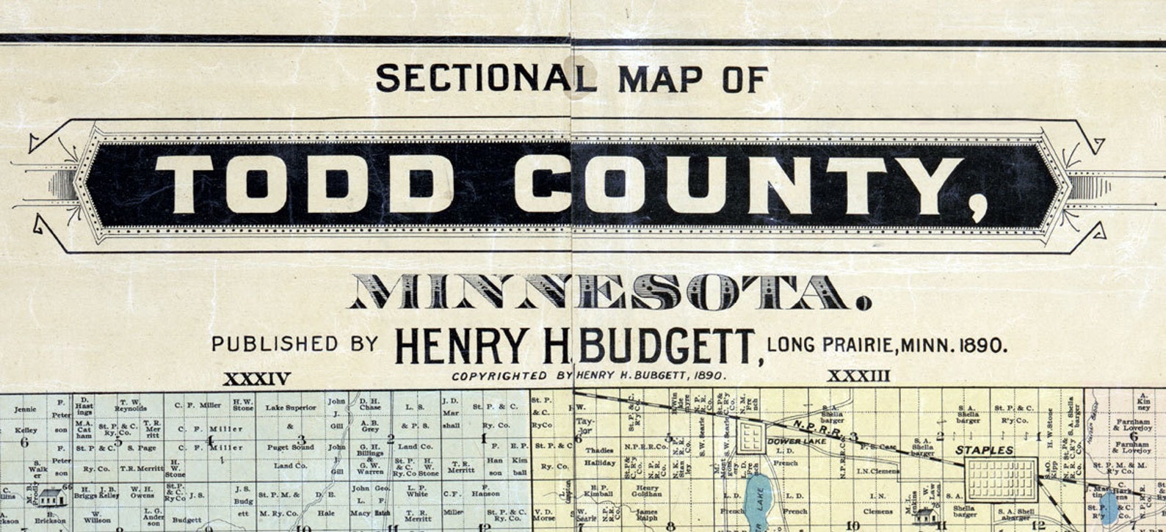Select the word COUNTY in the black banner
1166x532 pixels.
pos(737,186)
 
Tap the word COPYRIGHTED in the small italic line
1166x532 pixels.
pos(499,376)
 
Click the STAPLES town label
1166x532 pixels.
pos(984,450)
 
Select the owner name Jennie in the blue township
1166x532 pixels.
pos(25,409)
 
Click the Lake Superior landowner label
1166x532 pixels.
pos(291,407)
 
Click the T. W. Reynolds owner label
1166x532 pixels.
pos(130,404)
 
